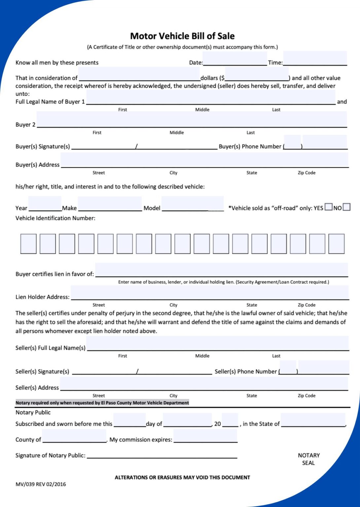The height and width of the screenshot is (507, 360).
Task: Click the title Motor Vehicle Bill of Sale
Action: point(182,36)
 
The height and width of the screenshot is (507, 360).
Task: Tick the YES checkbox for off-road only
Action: point(328,207)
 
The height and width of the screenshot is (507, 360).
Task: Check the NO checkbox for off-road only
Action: point(346,207)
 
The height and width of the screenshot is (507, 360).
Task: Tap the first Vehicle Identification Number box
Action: point(28,244)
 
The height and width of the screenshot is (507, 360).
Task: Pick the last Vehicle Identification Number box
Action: point(337,244)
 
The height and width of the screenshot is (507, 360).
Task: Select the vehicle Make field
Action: point(110,204)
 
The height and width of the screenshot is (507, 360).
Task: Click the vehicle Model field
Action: point(193,204)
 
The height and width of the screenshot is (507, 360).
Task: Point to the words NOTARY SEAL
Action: point(308,459)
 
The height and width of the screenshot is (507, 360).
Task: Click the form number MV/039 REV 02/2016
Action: point(41,484)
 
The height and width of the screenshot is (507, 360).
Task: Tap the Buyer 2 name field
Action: point(192,119)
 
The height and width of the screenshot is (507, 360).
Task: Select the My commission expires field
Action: point(205,436)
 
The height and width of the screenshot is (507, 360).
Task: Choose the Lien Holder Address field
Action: point(210,293)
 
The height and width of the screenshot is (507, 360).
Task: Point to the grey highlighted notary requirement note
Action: point(102,403)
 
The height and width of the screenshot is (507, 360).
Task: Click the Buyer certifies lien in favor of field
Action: point(221,270)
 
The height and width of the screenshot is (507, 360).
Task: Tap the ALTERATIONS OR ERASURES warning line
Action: point(182,477)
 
